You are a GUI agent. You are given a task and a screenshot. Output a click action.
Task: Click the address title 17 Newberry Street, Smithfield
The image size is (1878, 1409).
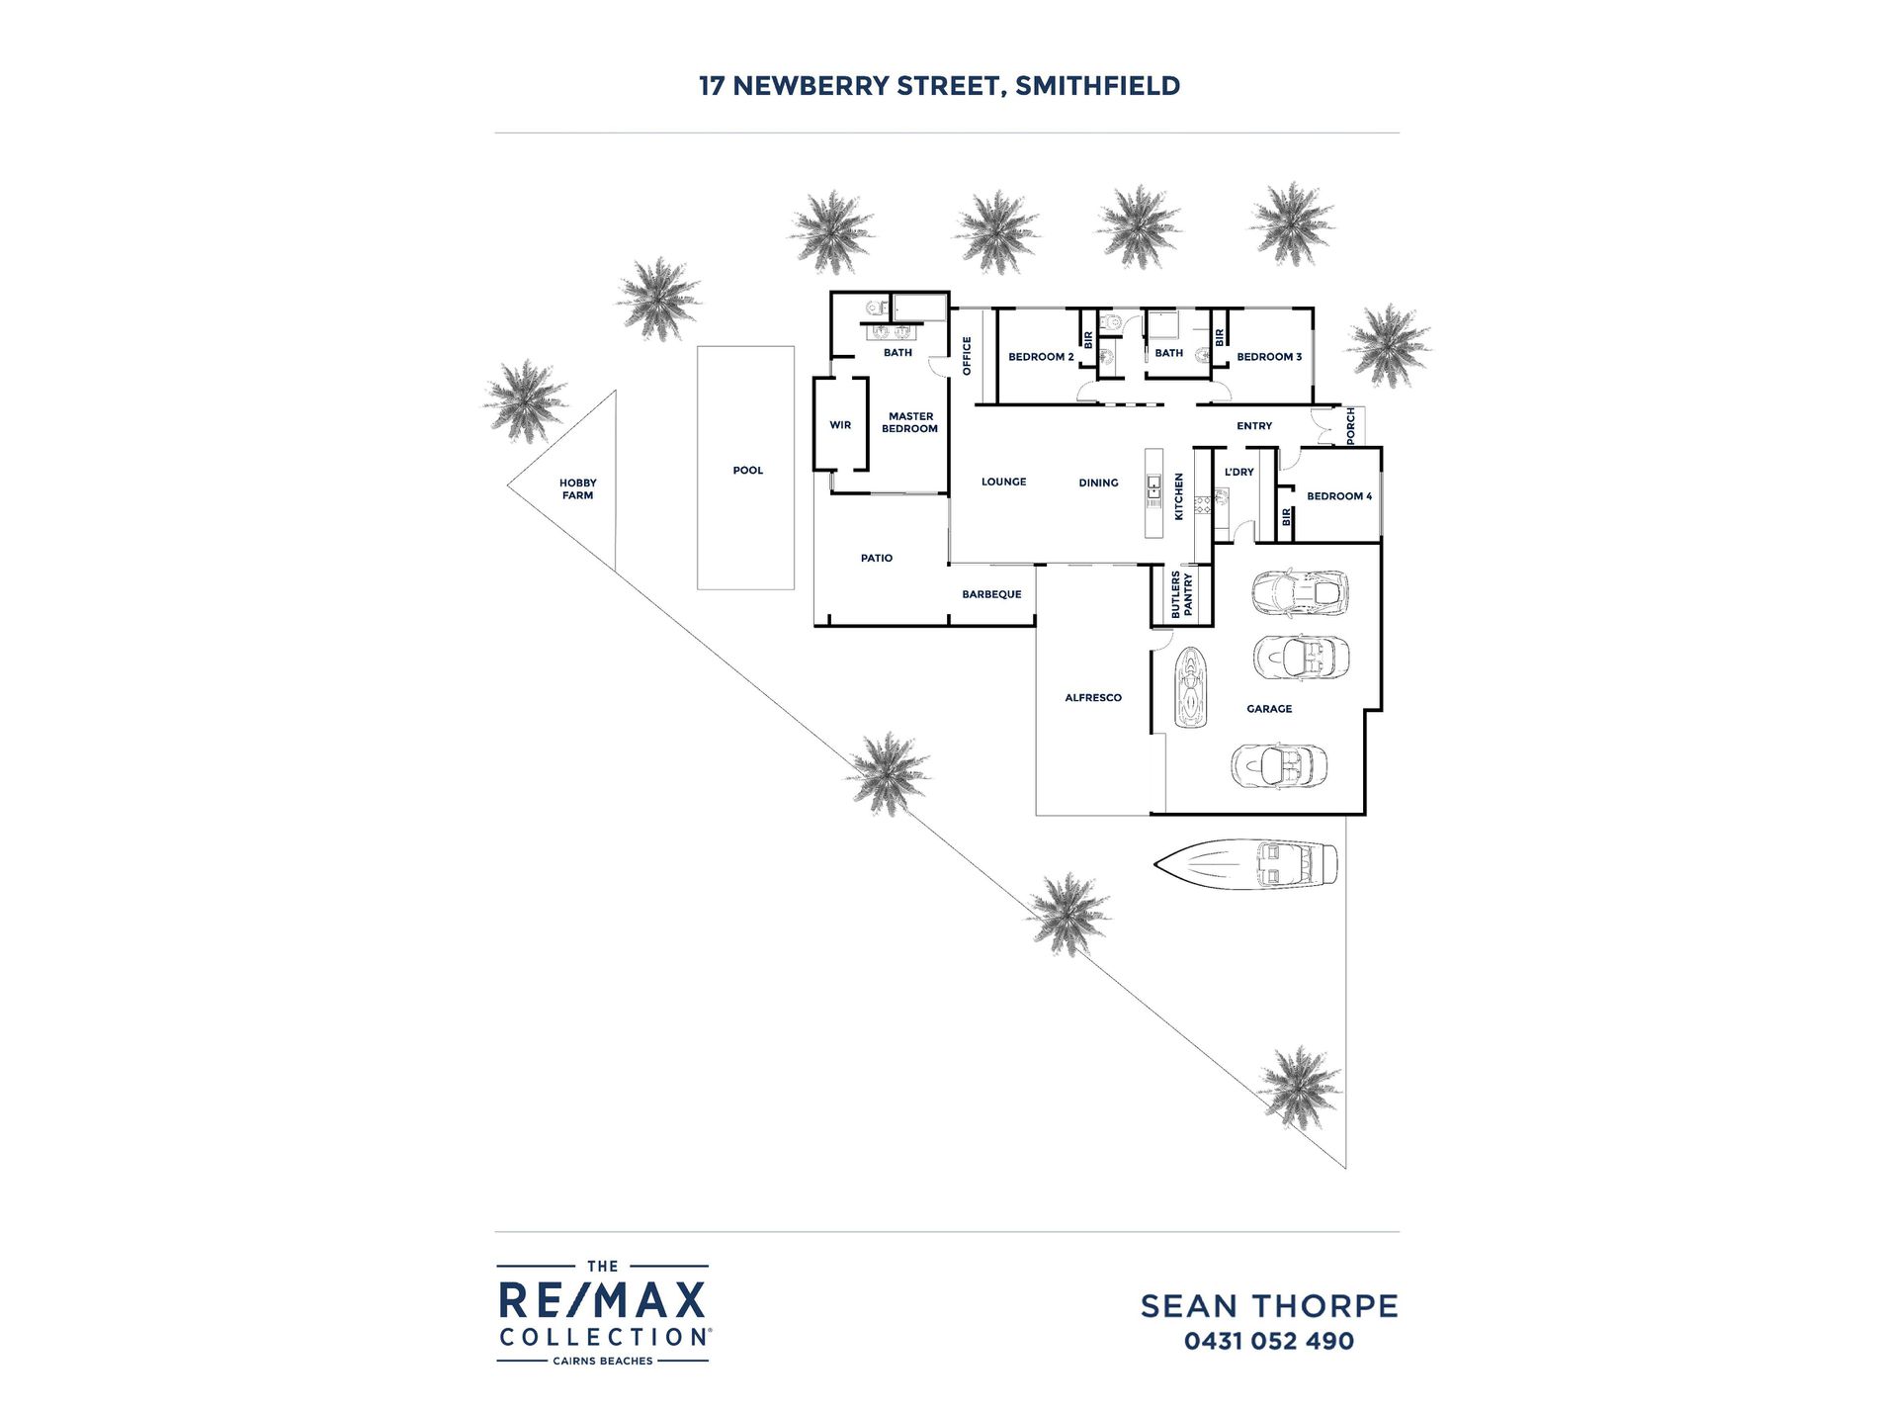point(939,86)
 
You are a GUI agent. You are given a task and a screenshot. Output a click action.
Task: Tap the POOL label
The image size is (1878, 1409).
point(748,471)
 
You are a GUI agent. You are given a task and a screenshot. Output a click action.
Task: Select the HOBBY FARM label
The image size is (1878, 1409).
point(578,489)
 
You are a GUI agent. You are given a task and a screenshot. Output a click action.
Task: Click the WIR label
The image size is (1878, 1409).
point(840,425)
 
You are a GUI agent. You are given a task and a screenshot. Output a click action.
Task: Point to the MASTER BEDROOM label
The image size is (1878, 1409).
point(910,423)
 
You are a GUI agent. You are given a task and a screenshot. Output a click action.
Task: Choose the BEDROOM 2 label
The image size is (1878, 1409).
point(1041,357)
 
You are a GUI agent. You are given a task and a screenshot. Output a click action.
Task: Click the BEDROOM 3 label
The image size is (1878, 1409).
point(1269,357)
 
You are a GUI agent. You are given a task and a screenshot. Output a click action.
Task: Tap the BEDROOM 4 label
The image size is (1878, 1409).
point(1339,496)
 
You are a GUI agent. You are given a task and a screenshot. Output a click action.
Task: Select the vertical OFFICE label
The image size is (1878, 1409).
point(967,356)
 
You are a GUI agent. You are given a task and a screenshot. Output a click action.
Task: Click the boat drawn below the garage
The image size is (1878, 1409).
point(1245,863)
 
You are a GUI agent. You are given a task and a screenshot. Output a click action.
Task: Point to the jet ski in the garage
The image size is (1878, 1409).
point(1191,687)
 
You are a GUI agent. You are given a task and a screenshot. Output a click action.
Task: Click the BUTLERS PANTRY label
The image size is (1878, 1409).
point(1182,594)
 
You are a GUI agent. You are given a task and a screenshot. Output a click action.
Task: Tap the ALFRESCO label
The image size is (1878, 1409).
point(1093,698)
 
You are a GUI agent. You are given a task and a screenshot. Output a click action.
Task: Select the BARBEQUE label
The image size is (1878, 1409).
point(991,595)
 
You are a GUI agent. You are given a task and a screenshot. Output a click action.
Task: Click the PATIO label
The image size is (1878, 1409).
point(877,559)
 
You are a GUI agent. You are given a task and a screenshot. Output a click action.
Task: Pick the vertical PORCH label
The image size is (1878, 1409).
point(1351,425)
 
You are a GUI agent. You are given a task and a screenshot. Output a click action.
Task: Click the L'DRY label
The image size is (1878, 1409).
point(1239,473)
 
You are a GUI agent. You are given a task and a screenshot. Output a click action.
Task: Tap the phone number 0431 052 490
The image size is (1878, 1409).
point(1269,1342)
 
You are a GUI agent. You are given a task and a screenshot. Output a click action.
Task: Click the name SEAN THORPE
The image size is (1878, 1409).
point(1269,1306)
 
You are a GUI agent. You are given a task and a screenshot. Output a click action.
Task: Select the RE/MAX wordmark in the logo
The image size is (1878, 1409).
point(602,1300)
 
